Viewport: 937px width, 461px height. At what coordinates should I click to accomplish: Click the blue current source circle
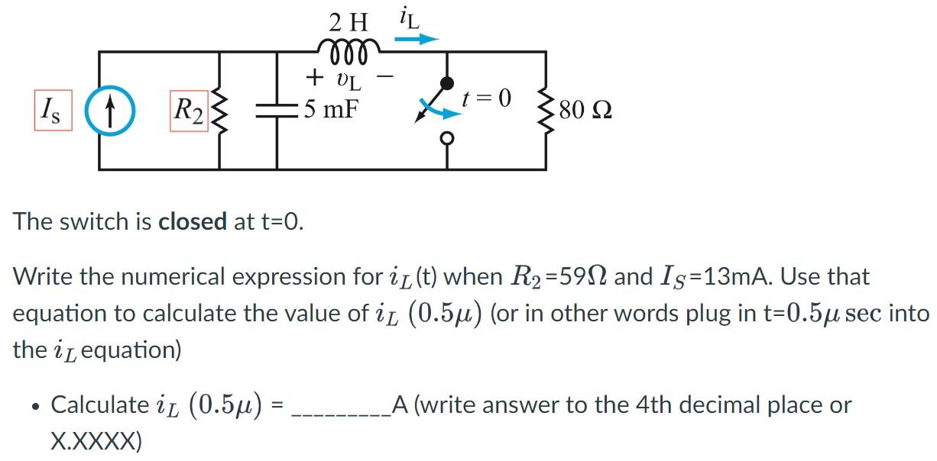click(x=110, y=110)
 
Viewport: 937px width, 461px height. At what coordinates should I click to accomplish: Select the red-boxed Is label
click(x=53, y=111)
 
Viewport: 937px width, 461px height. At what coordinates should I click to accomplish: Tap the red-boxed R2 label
click(x=189, y=111)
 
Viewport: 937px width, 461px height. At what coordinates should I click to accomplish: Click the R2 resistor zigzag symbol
click(x=222, y=110)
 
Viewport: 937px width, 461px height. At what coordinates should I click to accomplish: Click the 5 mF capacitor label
click(x=329, y=109)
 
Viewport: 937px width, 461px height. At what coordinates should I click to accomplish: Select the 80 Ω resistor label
click(x=585, y=111)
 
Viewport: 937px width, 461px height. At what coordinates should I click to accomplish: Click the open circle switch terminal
click(x=448, y=137)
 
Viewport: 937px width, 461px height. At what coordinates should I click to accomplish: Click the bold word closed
click(x=192, y=221)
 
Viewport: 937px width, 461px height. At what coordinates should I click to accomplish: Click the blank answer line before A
click(x=341, y=406)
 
